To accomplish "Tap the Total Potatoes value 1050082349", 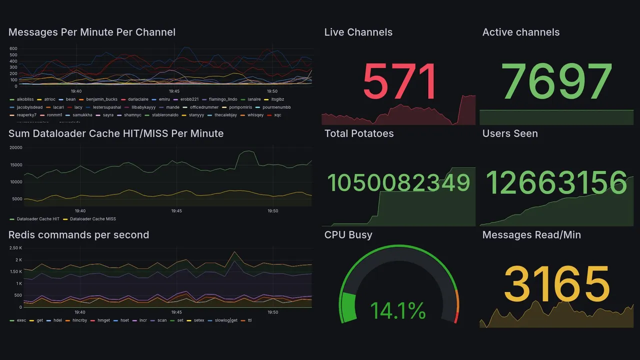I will [x=398, y=183].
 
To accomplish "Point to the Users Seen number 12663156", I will [x=556, y=182].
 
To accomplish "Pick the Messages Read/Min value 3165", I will [x=556, y=284].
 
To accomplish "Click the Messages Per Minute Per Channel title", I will [x=92, y=32].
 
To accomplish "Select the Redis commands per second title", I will [x=79, y=235].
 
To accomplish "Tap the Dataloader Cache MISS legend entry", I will [x=92, y=219].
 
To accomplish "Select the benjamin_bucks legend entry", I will [x=101, y=99].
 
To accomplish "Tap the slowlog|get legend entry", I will [x=225, y=320].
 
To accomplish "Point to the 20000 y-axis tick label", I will [x=15, y=147].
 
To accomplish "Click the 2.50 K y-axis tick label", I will [x=15, y=248].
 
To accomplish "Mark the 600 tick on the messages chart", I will [x=13, y=48].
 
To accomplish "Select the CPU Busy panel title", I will [x=348, y=235].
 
